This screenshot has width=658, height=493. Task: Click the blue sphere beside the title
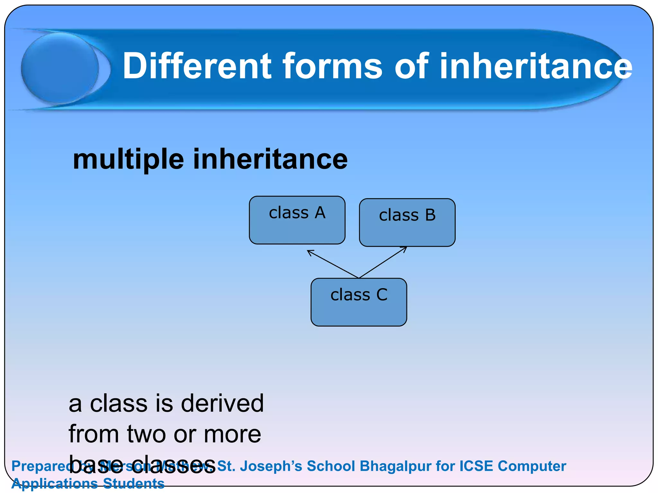[60, 68]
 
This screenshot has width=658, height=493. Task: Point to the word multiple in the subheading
[128, 160]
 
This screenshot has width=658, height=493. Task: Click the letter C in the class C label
[382, 295]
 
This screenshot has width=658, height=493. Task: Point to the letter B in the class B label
[430, 215]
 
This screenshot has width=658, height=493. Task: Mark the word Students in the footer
[134, 483]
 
